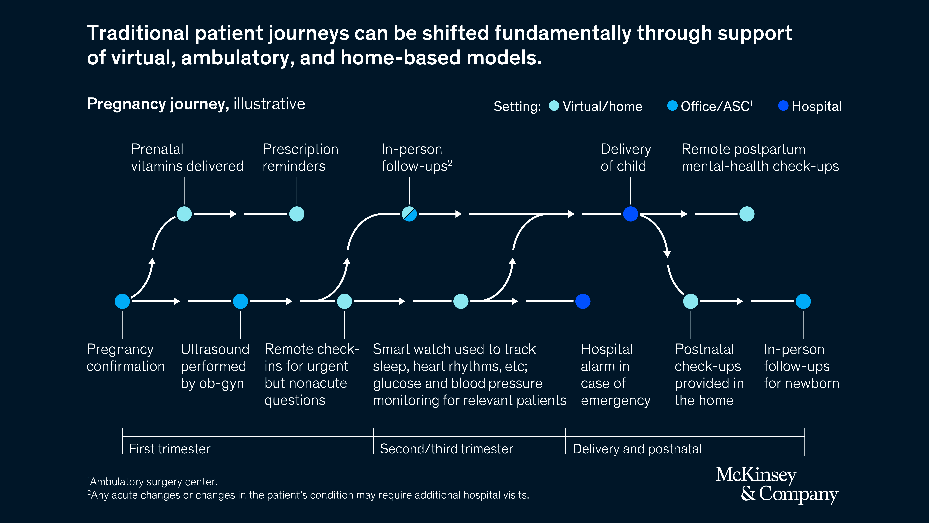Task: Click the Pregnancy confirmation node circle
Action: [x=122, y=301]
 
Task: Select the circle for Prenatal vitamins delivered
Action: [x=184, y=214]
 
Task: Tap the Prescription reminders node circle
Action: [x=297, y=214]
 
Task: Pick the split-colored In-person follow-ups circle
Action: [x=409, y=214]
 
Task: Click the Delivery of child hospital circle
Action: [x=630, y=214]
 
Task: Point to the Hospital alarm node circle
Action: [x=583, y=301]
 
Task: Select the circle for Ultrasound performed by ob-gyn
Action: [x=240, y=301]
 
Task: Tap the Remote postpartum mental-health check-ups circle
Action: [x=747, y=214]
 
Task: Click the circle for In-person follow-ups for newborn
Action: [x=803, y=301]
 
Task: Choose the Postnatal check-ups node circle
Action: [x=691, y=301]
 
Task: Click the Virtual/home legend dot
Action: [x=554, y=106]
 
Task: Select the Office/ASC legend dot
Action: [x=672, y=106]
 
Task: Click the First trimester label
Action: [x=170, y=449]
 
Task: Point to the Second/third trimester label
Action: [x=446, y=449]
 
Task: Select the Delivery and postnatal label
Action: [x=637, y=449]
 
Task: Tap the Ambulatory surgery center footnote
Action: [x=153, y=481]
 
